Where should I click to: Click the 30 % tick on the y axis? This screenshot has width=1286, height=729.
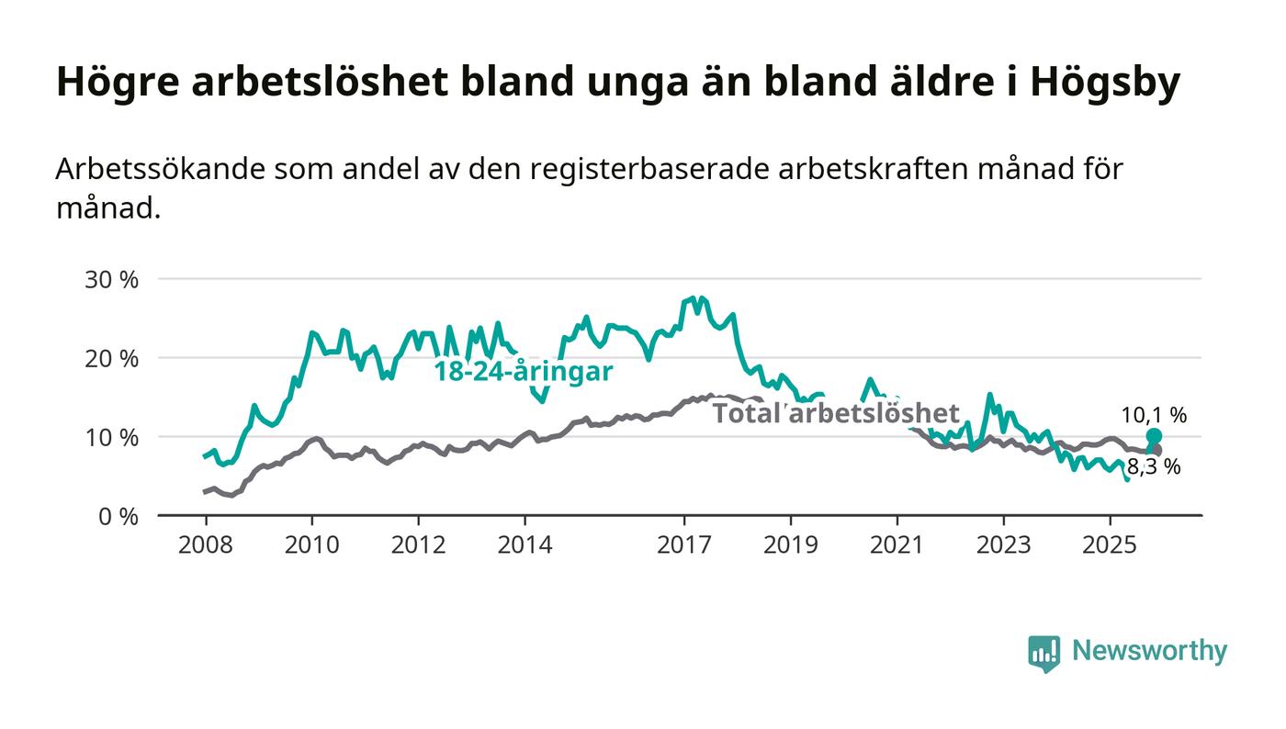click(x=111, y=279)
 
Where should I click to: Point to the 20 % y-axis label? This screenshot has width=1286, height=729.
click(x=111, y=358)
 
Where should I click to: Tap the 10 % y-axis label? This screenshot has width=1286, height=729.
click(x=111, y=437)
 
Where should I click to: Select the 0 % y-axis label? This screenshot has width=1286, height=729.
click(x=117, y=516)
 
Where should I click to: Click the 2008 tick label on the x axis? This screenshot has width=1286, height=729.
click(x=205, y=545)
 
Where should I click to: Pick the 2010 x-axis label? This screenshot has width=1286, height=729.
click(x=311, y=545)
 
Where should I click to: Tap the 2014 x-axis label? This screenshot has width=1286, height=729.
click(x=525, y=545)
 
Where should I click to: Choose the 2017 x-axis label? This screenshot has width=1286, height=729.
click(x=684, y=545)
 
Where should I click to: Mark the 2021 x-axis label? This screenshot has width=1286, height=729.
click(x=897, y=545)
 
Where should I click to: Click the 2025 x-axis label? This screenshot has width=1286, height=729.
click(x=1110, y=545)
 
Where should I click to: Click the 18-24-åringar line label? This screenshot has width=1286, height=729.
click(x=524, y=373)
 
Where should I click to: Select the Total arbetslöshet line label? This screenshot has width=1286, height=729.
click(x=836, y=413)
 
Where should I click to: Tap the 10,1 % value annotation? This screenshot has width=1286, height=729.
click(x=1154, y=415)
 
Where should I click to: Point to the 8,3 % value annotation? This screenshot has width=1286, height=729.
click(x=1154, y=467)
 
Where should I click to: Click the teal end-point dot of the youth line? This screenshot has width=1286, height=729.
click(x=1154, y=436)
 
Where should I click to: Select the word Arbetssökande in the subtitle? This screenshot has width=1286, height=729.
click(x=158, y=170)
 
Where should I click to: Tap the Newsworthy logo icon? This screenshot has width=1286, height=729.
click(x=1043, y=653)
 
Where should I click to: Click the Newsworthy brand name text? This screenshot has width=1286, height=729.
click(x=1149, y=651)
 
